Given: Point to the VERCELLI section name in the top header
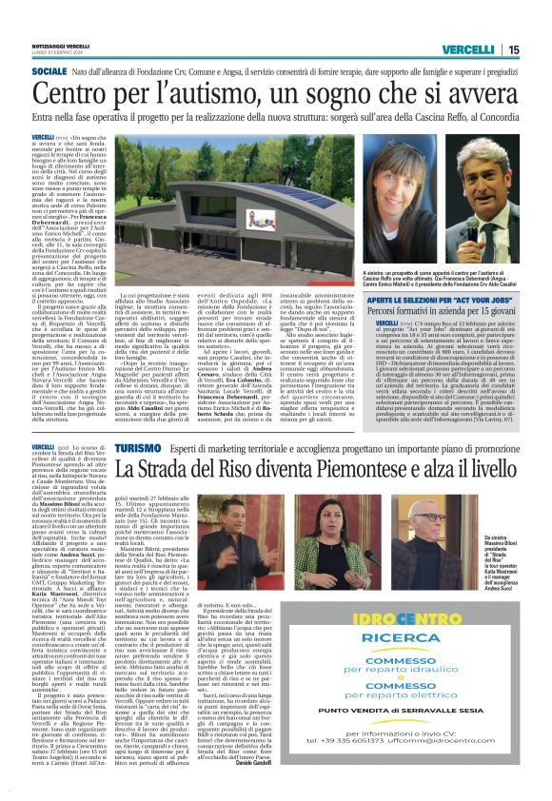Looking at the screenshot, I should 469,49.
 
